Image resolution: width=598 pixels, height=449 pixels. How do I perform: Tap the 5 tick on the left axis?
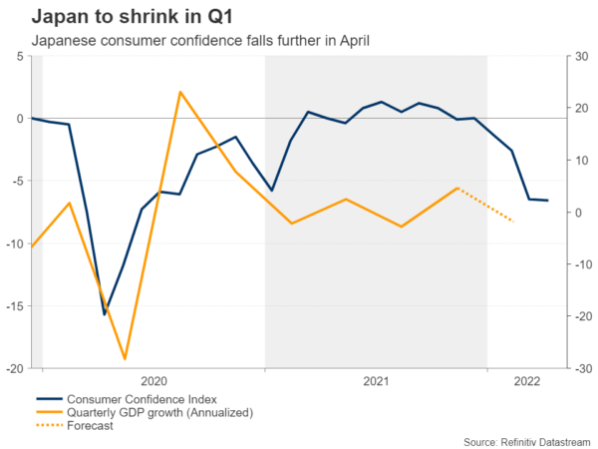[x=21, y=56]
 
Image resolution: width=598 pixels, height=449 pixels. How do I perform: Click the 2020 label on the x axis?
[x=154, y=381]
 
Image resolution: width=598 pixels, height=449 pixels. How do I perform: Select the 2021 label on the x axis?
[x=376, y=381]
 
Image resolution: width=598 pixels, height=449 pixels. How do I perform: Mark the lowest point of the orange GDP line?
[x=125, y=358]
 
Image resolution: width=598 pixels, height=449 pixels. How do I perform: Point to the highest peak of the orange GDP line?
[x=180, y=92]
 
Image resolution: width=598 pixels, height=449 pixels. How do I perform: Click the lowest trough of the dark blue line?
[x=105, y=314]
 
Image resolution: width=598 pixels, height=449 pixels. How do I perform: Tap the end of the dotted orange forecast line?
[x=513, y=221]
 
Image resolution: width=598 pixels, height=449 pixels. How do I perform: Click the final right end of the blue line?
[x=548, y=201]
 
